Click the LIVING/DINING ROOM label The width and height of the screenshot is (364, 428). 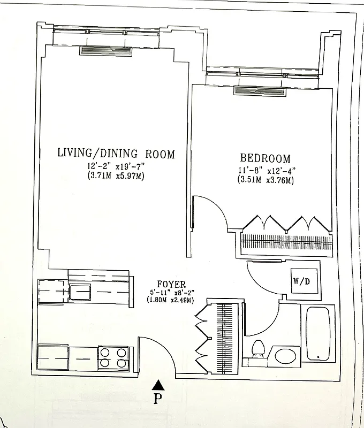pyautogui.click(x=116, y=154)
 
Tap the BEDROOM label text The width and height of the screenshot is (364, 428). pyautogui.click(x=265, y=158)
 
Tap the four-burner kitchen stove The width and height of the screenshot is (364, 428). pyautogui.click(x=113, y=358)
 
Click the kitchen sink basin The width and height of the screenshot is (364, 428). pyautogui.click(x=79, y=293)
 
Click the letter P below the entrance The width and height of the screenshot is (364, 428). pyautogui.click(x=157, y=400)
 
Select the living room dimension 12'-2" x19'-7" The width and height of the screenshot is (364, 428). pyautogui.click(x=116, y=166)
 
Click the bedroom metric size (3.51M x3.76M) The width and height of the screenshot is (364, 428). pyautogui.click(x=266, y=180)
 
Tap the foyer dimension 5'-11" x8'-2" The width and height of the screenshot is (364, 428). pyautogui.click(x=170, y=292)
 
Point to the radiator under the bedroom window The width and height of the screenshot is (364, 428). pyautogui.click(x=258, y=91)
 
